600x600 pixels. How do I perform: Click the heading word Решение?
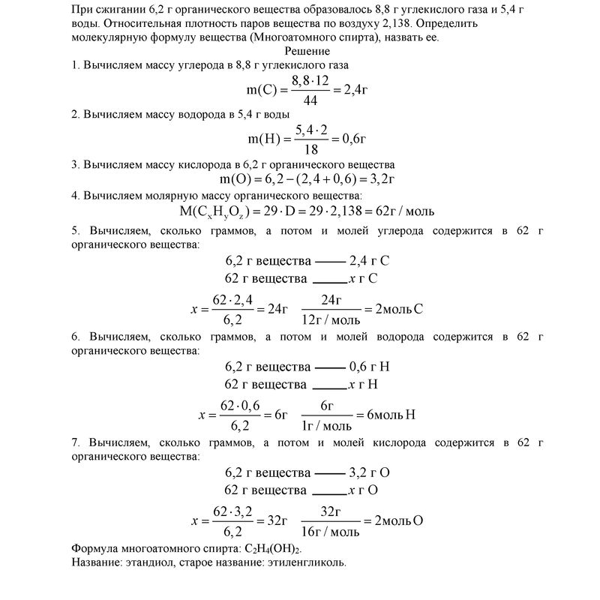pos(307,51)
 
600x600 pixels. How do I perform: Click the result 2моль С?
pos(399,309)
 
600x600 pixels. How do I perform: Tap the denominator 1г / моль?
pos(327,425)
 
